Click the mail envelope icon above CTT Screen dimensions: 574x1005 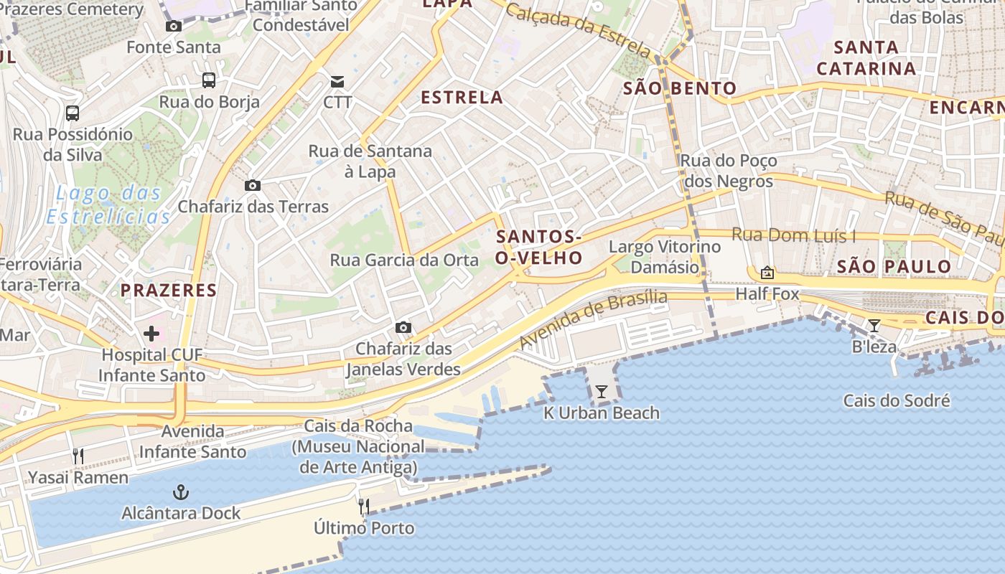[x=337, y=81]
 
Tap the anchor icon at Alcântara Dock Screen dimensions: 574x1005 [x=181, y=492]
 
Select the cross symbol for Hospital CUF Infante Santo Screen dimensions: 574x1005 [x=151, y=334]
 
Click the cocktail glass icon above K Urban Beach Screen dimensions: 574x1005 [x=602, y=392]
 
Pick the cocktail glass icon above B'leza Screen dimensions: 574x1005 [x=874, y=326]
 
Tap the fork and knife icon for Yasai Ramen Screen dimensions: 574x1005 [x=78, y=456]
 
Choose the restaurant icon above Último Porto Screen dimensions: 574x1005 [x=364, y=507]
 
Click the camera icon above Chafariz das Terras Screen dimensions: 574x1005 [x=252, y=186]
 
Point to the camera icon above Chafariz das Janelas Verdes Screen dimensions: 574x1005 [x=403, y=328]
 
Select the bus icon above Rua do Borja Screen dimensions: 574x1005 [x=209, y=80]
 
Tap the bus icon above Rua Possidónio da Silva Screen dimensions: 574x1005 [x=73, y=113]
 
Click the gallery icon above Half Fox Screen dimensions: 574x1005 [x=767, y=273]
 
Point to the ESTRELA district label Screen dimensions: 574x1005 [x=462, y=98]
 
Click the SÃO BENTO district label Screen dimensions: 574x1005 [x=680, y=88]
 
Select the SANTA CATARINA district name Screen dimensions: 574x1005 [x=866, y=58]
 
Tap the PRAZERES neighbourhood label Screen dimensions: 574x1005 [x=168, y=291]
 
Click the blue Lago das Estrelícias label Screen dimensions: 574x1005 [x=108, y=204]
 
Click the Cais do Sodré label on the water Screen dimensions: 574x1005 [x=897, y=401]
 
